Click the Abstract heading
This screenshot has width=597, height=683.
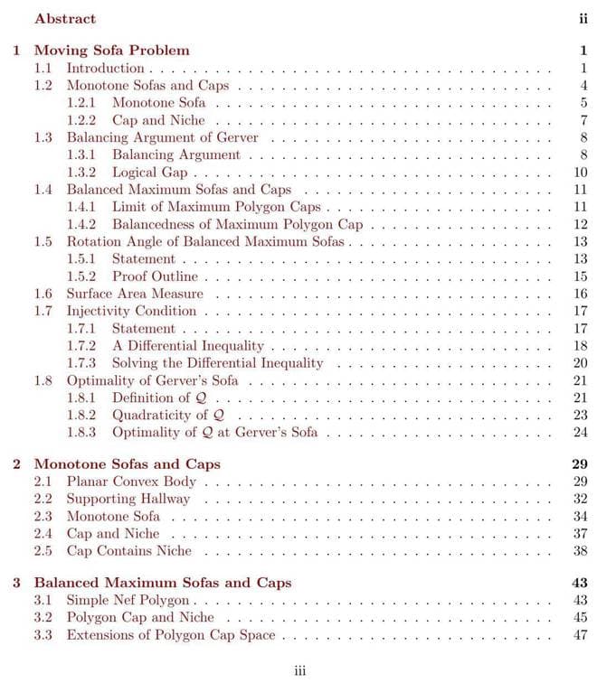[64, 18]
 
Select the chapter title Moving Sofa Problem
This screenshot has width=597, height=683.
[111, 51]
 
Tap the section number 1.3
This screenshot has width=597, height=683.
[43, 137]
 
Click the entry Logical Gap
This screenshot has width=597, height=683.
[150, 172]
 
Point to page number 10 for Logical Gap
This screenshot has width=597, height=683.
[581, 172]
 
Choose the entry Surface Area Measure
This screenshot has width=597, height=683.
[135, 294]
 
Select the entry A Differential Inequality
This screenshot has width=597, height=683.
[188, 345]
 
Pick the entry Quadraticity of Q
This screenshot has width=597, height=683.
[168, 415]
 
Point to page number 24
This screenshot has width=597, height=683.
[581, 432]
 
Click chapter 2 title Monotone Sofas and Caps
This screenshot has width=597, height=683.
[127, 463]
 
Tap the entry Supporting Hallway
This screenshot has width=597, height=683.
[128, 498]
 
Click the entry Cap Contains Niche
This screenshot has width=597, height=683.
[129, 550]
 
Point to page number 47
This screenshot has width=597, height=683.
[581, 635]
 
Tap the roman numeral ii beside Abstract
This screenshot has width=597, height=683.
[583, 18]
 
